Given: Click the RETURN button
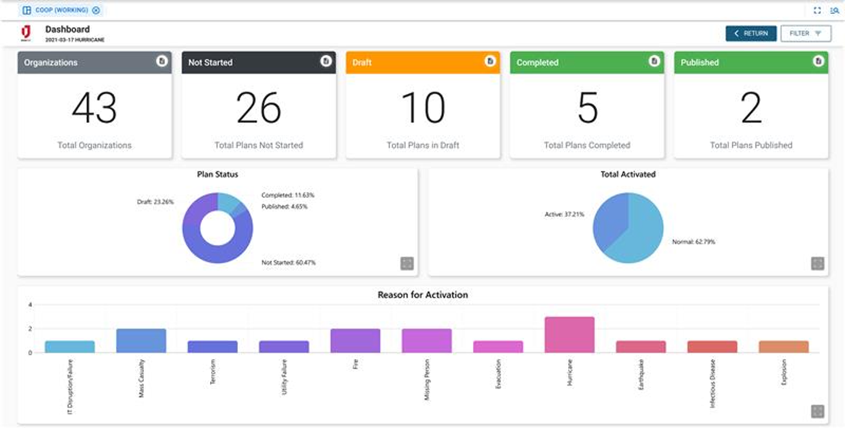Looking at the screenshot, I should coord(751,33).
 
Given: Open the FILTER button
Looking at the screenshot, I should coord(805,33).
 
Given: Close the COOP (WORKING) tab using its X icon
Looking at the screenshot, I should coord(96,10).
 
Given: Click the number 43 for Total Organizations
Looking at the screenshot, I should coord(94,108).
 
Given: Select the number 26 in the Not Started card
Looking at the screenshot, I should coord(258,108).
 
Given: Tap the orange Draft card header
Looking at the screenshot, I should coord(422,62).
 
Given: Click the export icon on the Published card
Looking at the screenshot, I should coord(818,61).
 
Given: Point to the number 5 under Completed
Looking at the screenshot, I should coord(587,108).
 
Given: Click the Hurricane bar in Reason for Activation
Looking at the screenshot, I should coord(570,335).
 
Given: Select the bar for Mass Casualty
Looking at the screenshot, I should coord(141,341).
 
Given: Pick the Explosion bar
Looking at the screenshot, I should coord(783,347).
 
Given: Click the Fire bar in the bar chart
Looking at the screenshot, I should coord(355,341).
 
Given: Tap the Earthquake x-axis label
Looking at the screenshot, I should coord(641,375).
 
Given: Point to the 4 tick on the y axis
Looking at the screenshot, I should coord(30,305).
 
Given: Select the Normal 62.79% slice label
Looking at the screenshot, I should coord(693,242).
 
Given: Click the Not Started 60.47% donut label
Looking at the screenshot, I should coord(288,263).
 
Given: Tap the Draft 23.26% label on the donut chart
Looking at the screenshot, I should coord(155,202).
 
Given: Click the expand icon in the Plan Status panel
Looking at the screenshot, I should coord(407,263).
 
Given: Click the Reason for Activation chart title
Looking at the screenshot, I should coord(422,295).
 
